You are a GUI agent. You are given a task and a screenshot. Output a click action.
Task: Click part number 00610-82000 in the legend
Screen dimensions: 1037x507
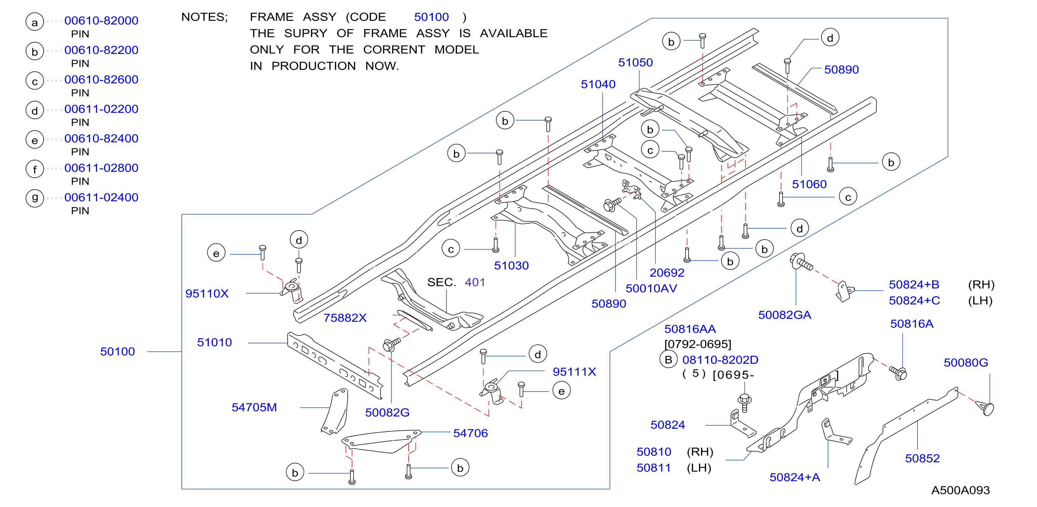click(x=101, y=20)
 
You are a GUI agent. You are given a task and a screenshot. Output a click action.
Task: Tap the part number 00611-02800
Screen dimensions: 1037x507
click(x=101, y=168)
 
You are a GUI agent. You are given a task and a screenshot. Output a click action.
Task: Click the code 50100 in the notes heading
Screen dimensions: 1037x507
click(x=431, y=17)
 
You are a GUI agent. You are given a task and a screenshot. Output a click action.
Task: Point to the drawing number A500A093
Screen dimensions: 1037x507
click(x=960, y=490)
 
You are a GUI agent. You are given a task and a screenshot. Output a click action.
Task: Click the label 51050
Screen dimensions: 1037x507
click(x=636, y=63)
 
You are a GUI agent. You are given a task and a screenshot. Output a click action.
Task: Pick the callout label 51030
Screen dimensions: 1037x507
click(x=511, y=265)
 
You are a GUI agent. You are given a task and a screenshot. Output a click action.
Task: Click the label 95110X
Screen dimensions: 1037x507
click(x=207, y=293)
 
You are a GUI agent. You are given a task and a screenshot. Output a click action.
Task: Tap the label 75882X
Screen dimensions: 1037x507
click(x=345, y=318)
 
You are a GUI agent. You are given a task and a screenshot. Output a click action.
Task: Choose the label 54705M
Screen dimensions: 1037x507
click(x=254, y=407)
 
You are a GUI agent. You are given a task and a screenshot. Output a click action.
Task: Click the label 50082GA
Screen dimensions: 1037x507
click(x=785, y=315)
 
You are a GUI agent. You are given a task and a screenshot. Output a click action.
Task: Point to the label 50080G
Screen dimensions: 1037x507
click(x=966, y=362)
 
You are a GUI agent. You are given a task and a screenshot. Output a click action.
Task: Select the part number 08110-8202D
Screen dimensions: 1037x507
click(x=720, y=360)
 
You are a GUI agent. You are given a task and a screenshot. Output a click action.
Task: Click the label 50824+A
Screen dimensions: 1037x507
click(x=794, y=477)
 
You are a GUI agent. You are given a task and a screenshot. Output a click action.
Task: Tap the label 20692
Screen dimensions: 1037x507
click(x=667, y=273)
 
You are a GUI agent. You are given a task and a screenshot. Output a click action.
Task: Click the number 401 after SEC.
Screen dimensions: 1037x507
click(x=475, y=282)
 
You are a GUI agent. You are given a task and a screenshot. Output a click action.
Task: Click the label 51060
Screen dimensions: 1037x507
click(x=809, y=184)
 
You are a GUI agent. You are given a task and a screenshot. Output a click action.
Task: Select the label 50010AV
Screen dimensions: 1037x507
click(x=651, y=288)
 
